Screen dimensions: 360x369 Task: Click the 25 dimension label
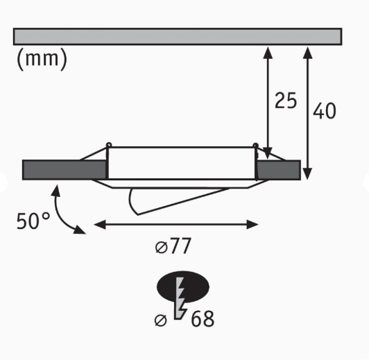pos(285,101)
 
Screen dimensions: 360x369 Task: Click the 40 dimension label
pos(324,110)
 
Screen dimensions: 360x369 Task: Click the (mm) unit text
pos(42,60)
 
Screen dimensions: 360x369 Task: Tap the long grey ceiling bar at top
pos(178,36)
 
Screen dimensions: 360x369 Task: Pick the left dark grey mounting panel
pos(65,169)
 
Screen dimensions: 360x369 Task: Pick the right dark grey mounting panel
pos(279,169)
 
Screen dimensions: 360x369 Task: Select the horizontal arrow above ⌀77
pos(176,224)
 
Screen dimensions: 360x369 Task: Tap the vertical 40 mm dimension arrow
pos(307,111)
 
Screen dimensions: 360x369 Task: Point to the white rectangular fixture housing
pos(181,163)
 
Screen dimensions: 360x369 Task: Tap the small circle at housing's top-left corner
pos(108,146)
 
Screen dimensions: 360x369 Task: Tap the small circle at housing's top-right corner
pos(255,146)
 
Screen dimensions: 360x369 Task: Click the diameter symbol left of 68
pos(162,320)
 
